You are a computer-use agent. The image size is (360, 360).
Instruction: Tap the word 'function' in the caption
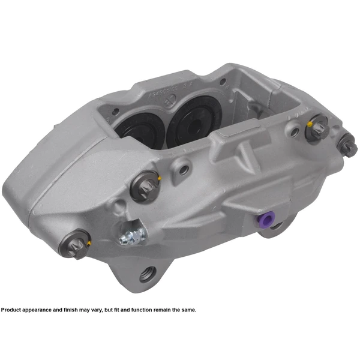145,310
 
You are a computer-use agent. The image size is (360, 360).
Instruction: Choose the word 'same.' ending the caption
188,310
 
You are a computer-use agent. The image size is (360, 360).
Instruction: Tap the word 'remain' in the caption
166,310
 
